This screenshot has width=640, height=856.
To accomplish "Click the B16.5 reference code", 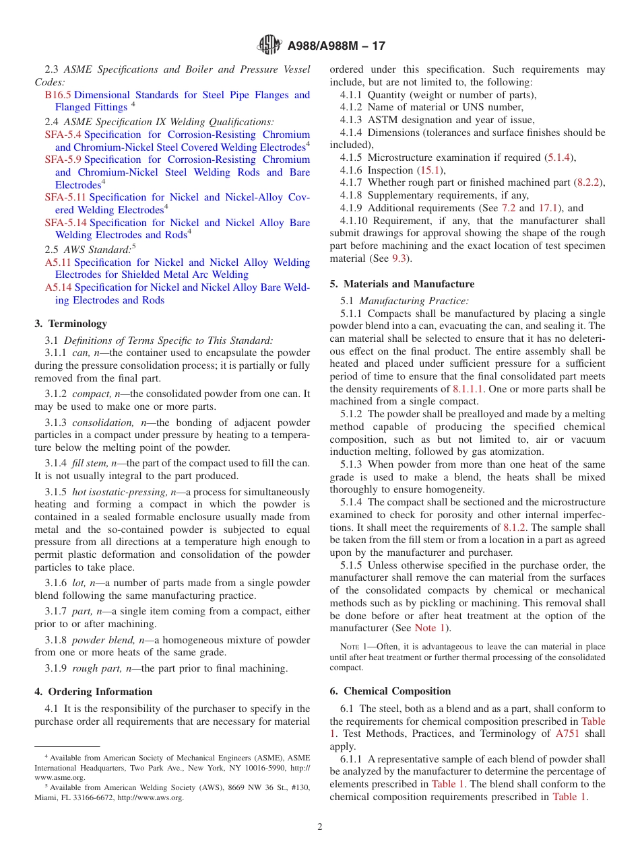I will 58,95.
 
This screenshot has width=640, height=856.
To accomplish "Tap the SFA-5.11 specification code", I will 65,197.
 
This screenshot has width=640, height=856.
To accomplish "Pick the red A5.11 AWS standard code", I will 58,262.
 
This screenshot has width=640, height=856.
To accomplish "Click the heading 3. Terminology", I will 71,324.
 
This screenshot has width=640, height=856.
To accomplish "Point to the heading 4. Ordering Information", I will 94,692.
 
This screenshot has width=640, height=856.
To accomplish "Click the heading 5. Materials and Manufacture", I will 402,284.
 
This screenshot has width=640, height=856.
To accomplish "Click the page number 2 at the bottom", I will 320,827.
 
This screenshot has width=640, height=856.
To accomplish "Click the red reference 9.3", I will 399,258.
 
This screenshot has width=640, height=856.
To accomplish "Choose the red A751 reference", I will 567,734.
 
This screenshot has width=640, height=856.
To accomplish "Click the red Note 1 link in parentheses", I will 429,628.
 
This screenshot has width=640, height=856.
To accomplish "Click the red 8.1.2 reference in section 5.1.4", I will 516,528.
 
